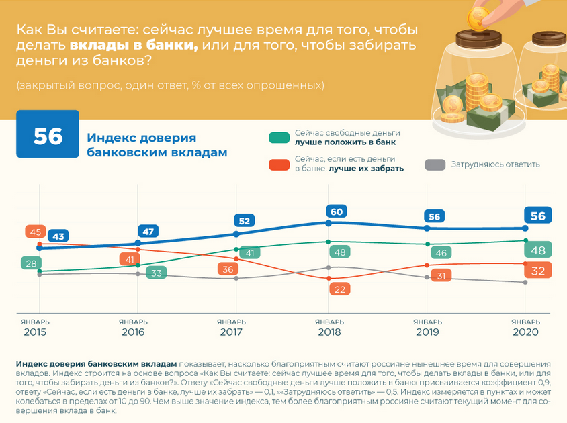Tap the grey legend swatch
pyautogui.click(x=436, y=164)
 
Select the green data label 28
pyautogui.click(x=30, y=263)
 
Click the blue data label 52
pyautogui.click(x=244, y=220)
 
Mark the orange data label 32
pyautogui.click(x=538, y=270)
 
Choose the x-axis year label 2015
pyautogui.click(x=35, y=332)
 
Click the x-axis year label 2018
pyautogui.click(x=329, y=332)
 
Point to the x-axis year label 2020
pyautogui.click(x=526, y=332)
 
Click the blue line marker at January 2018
pyautogui.click(x=329, y=222)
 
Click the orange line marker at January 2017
pyautogui.click(x=236, y=258)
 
